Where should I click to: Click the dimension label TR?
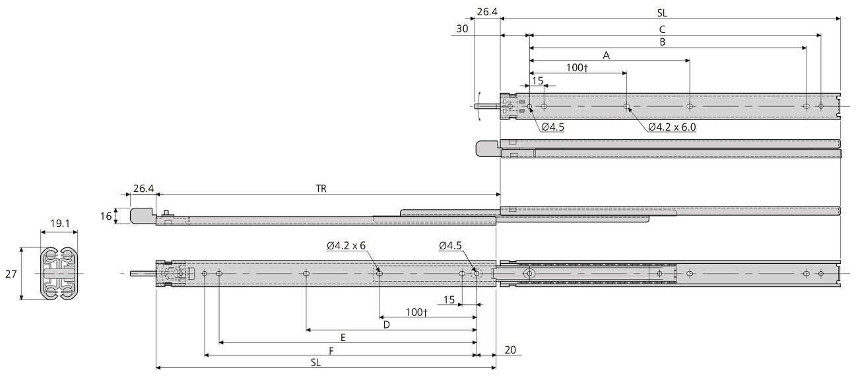(x=321, y=188)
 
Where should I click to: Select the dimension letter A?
(x=606, y=55)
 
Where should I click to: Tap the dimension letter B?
(x=662, y=42)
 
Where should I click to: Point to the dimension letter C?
(x=662, y=29)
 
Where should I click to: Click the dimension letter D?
(x=387, y=324)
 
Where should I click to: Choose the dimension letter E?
(x=343, y=337)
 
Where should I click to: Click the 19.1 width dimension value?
(x=59, y=224)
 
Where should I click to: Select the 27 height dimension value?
(x=11, y=274)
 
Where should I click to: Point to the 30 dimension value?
(x=461, y=29)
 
